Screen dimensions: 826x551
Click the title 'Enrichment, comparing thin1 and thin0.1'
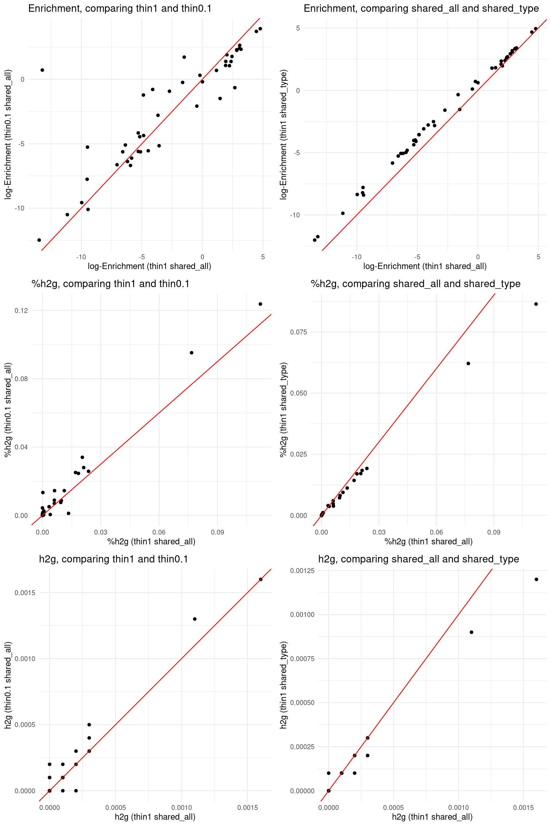pos(120,8)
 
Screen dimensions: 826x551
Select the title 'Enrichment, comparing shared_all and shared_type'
pos(421,8)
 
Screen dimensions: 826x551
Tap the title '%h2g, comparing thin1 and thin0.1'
pos(110,283)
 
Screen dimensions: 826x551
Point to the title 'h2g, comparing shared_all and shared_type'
pos(418,559)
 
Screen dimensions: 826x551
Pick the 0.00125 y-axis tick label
pos(302,571)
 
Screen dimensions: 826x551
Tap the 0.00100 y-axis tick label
pos(302,615)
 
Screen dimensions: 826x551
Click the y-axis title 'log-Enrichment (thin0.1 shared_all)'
pos(8,134)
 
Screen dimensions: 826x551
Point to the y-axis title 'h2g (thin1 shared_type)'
pos(284,685)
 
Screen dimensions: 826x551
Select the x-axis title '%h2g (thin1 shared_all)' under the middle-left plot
pos(151,541)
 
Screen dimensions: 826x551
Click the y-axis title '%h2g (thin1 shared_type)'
pos(284,410)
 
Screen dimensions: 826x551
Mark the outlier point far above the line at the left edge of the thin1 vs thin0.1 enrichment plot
pos(42,70)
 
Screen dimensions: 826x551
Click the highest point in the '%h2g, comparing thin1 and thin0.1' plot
pos(260,304)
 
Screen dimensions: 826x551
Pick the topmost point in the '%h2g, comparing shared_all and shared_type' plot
pos(536,304)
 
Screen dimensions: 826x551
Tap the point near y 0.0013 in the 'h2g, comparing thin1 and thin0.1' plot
pos(195,619)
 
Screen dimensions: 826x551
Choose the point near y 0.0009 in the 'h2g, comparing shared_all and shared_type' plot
pos(472,632)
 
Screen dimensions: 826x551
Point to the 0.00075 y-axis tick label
pos(302,659)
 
